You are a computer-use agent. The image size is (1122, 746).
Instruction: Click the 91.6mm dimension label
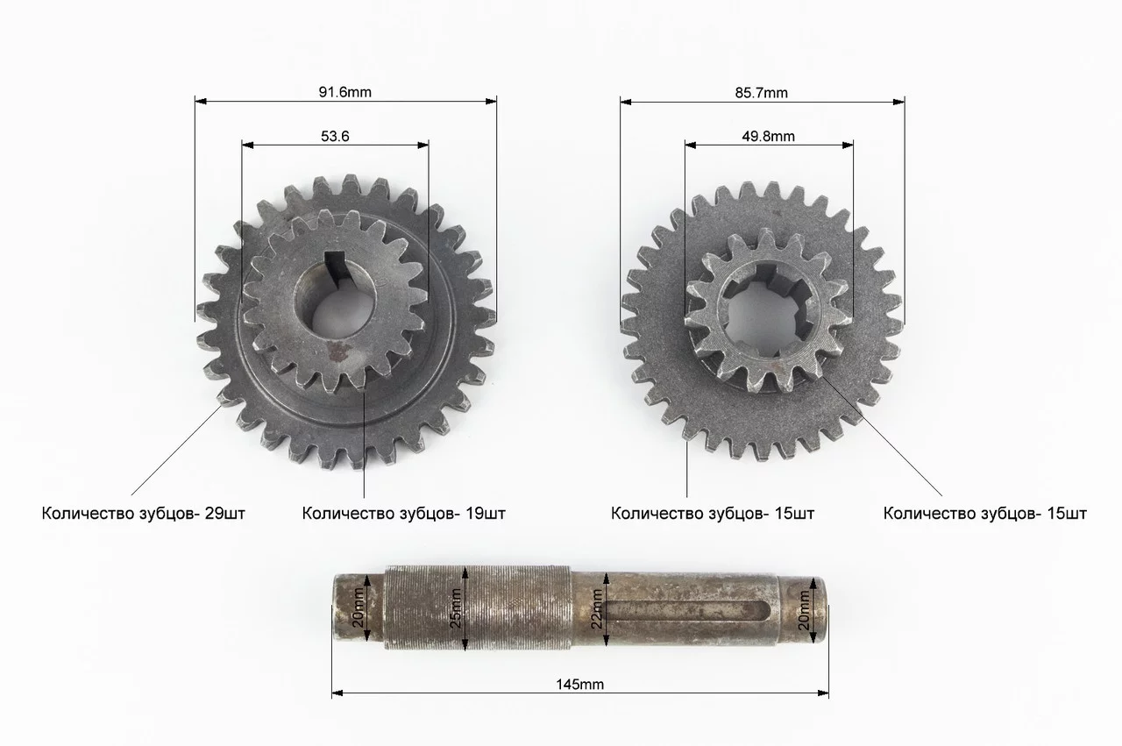[345, 92]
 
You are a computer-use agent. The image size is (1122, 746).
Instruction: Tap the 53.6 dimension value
[335, 136]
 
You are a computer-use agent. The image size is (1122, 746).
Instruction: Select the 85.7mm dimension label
[762, 93]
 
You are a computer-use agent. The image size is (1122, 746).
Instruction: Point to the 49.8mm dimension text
[769, 136]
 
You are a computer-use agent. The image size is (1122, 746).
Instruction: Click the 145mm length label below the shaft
[579, 685]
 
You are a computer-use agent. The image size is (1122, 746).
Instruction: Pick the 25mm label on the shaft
[455, 608]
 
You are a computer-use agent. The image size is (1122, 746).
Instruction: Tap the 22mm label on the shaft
[597, 608]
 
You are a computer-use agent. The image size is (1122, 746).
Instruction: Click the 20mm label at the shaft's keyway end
[804, 610]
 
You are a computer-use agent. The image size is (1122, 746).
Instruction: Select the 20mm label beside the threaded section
[359, 607]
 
